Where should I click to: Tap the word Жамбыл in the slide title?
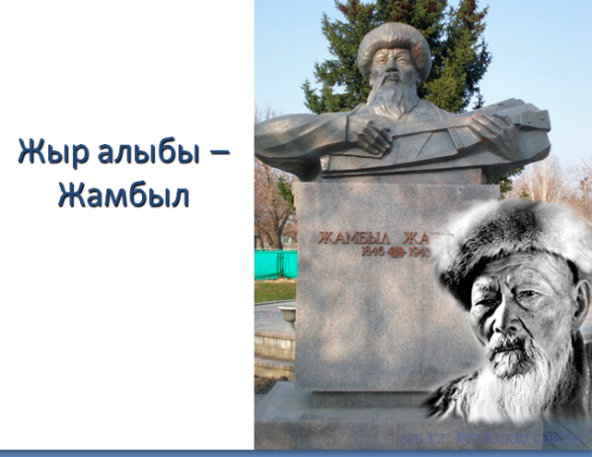tap(123, 194)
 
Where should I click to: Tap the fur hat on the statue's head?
tap(395, 44)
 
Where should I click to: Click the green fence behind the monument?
tap(275, 264)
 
